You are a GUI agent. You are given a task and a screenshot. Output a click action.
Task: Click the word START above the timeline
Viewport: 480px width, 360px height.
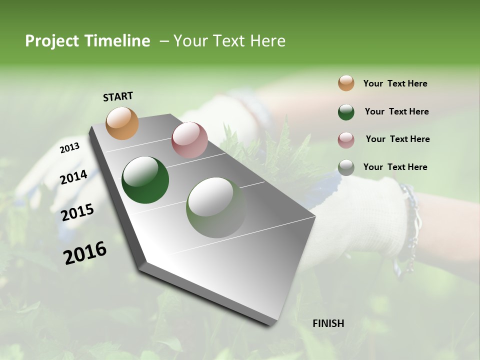(x=118, y=96)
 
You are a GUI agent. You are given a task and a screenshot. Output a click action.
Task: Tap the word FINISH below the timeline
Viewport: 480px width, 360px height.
(x=328, y=323)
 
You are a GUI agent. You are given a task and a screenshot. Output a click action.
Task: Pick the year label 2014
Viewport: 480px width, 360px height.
(x=73, y=177)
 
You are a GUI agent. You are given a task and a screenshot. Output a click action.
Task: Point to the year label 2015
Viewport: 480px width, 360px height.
(x=77, y=212)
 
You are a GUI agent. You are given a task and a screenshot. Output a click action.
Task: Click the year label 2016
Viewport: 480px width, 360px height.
(x=85, y=252)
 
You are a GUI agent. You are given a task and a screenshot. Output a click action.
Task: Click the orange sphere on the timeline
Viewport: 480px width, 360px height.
(x=122, y=123)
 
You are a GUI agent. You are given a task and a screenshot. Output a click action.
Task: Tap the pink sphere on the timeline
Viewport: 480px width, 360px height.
(x=189, y=139)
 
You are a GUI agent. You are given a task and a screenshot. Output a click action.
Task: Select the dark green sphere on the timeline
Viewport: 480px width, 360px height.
(x=145, y=180)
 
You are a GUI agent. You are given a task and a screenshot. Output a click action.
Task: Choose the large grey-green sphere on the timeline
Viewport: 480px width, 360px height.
(x=216, y=207)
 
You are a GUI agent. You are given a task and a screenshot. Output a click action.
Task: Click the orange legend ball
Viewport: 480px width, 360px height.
(x=346, y=83)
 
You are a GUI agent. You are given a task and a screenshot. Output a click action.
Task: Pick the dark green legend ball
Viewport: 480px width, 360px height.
(x=346, y=111)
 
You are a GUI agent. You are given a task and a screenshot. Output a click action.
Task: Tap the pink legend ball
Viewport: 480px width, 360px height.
(x=346, y=139)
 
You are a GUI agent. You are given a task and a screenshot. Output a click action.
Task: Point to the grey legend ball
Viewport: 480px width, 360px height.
(x=346, y=167)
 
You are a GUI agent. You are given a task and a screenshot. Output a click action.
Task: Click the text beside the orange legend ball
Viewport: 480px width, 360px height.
(x=395, y=83)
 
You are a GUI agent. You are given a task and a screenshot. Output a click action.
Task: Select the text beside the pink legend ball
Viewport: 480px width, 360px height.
(x=397, y=139)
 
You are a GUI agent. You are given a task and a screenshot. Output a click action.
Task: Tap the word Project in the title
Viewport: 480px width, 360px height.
(x=49, y=41)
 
